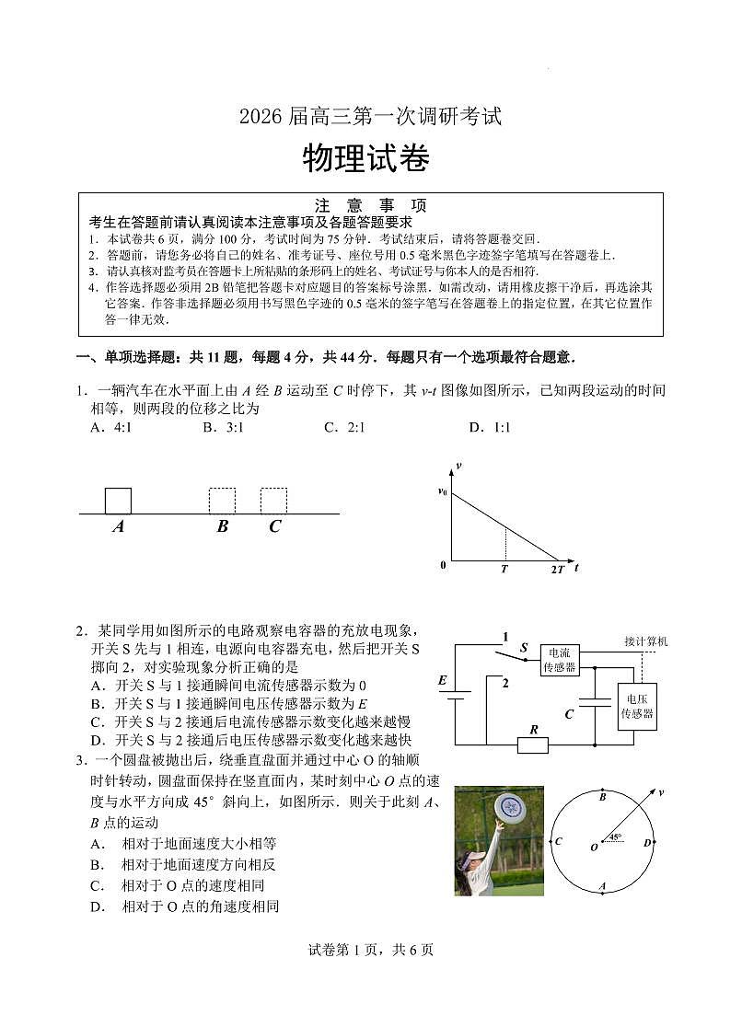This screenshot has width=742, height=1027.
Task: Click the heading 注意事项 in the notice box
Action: (371, 205)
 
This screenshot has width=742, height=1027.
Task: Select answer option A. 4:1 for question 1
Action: (111, 427)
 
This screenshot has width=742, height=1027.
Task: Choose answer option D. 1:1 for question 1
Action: (489, 427)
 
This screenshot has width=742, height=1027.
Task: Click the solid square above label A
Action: (118, 501)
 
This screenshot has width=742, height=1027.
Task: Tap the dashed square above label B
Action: (222, 501)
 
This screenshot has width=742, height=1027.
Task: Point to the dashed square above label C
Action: (273, 501)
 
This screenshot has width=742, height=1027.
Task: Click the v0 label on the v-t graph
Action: (443, 492)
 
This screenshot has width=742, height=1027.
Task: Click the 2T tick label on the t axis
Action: (557, 570)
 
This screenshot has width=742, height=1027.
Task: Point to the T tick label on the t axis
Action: (504, 570)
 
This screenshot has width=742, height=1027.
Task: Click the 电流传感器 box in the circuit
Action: (559, 660)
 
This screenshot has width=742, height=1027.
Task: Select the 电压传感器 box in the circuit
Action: (636, 707)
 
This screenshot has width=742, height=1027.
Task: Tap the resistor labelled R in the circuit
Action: (532, 744)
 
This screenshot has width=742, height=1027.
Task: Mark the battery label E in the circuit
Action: (443, 681)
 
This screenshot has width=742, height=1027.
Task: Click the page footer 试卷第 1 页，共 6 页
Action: (371, 951)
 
